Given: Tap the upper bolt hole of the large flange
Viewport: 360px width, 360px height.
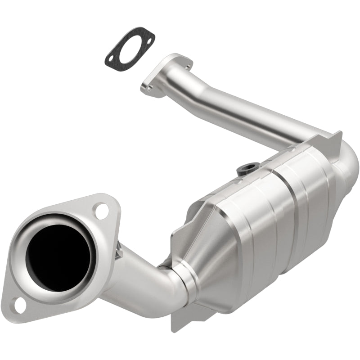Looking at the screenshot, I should (x=102, y=211).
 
